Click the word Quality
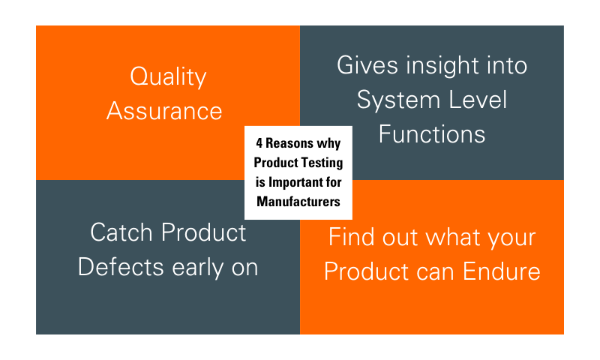point(168,77)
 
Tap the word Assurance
point(164,111)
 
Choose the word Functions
point(431,134)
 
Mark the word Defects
point(122,267)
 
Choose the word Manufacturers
point(298,201)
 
